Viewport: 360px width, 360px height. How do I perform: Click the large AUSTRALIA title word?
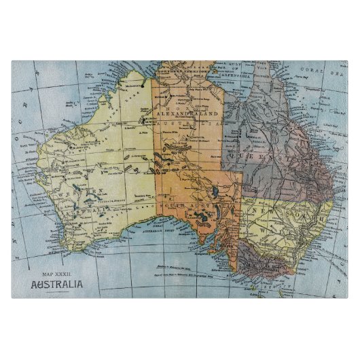[57, 284]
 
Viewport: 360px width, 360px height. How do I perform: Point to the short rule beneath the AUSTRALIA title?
[57, 291]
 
